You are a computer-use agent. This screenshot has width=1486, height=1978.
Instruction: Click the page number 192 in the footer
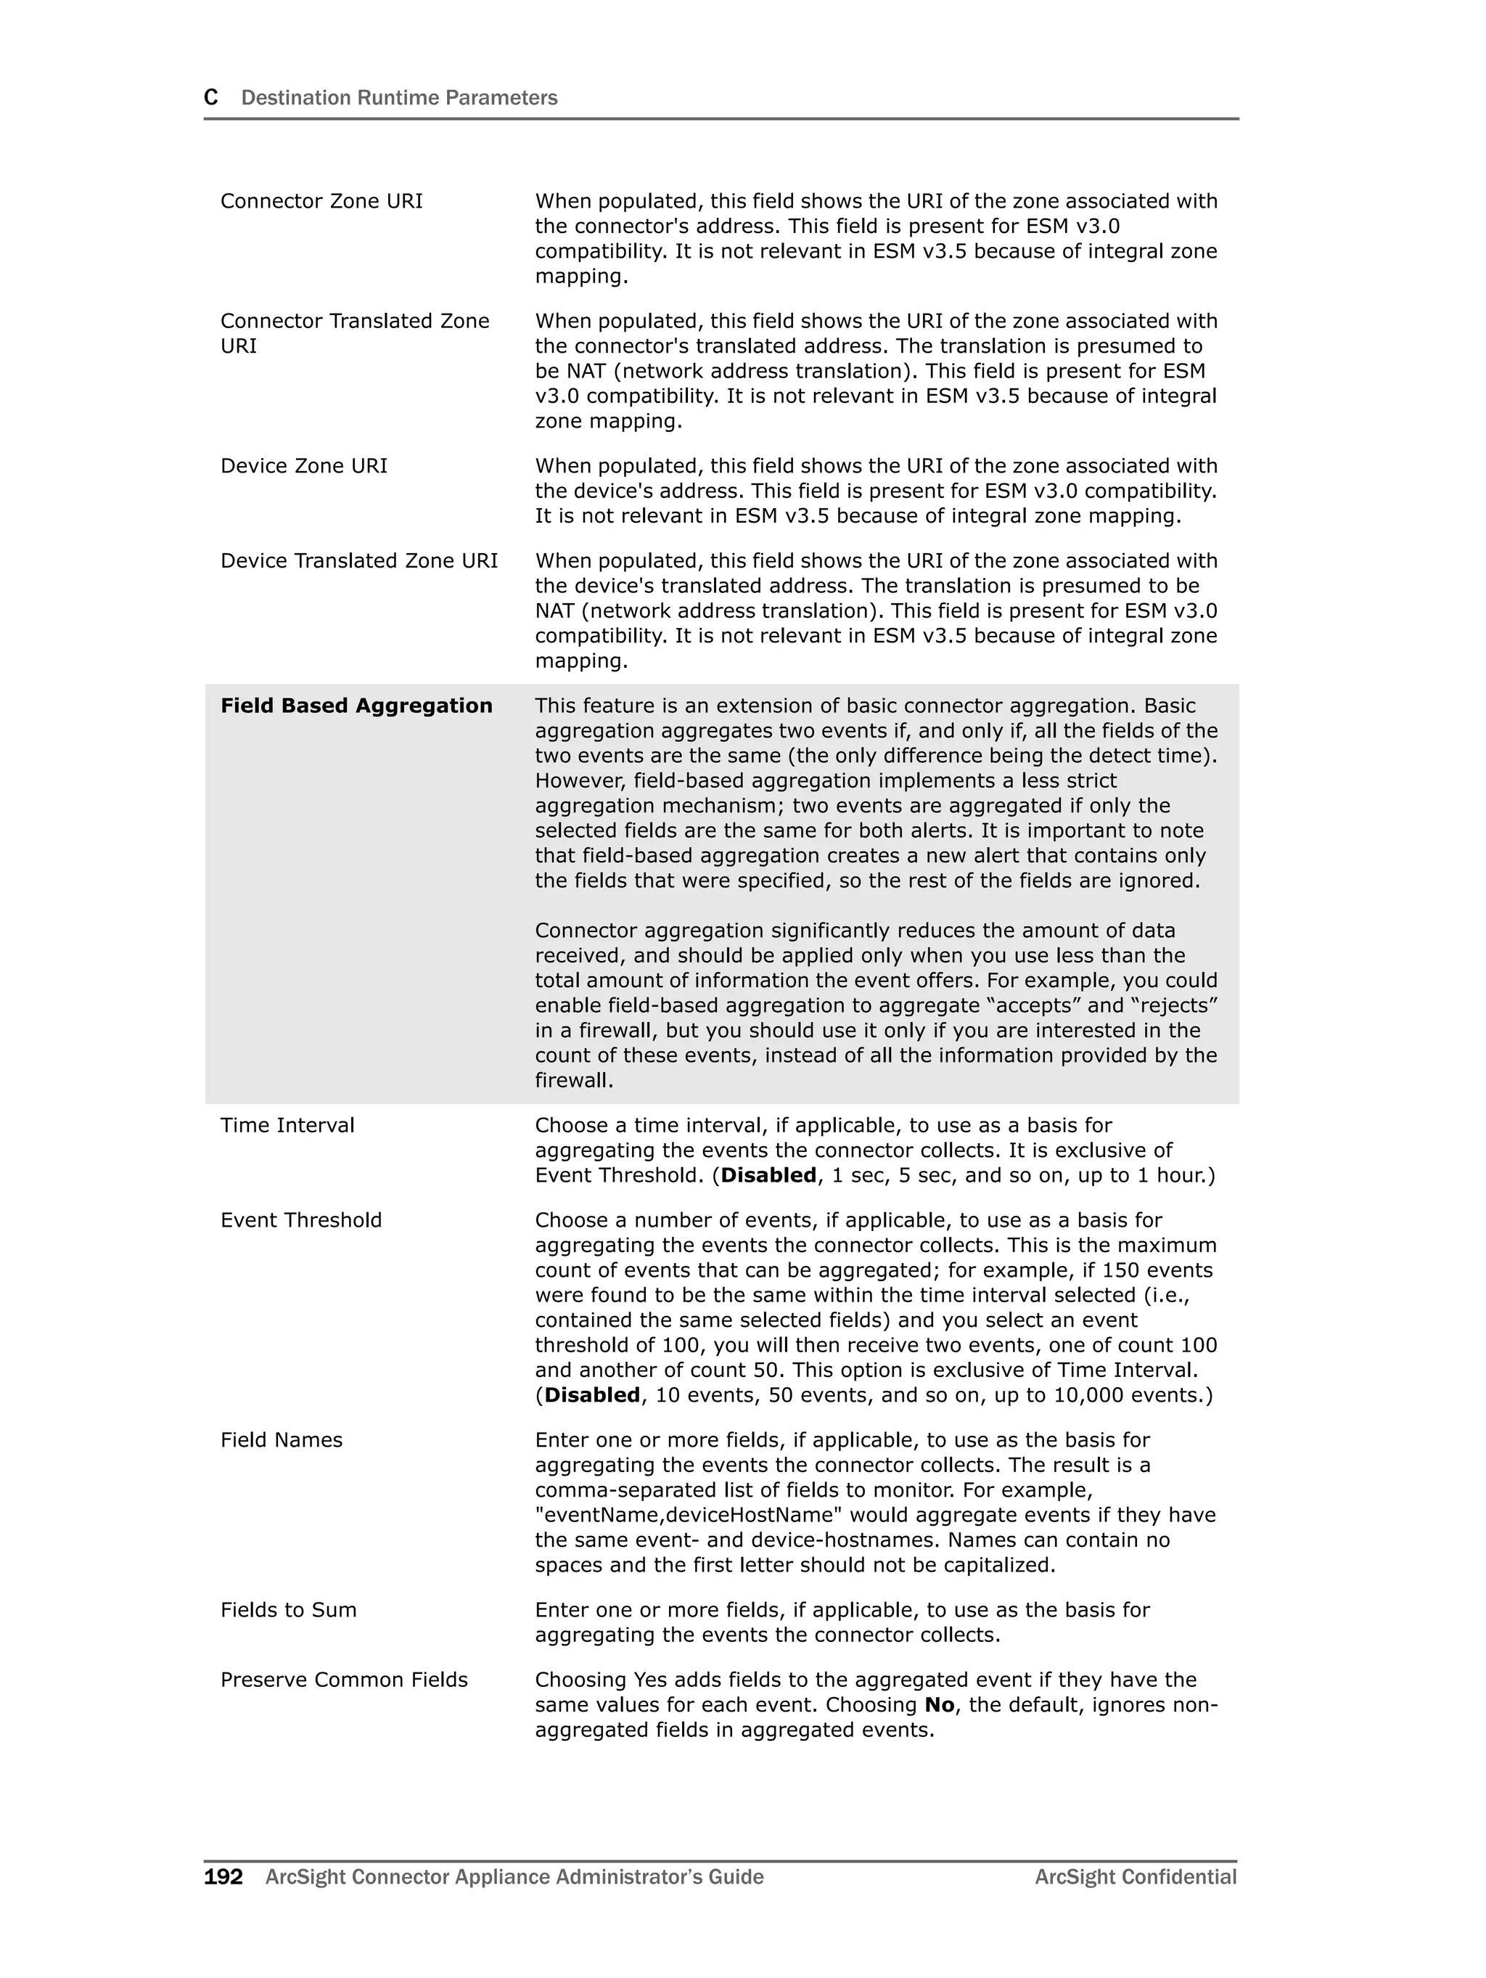pos(223,1876)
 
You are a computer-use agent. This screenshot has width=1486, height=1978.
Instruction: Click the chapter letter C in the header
pos(211,97)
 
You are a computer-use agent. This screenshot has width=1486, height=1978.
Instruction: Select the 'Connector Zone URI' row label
pos(321,201)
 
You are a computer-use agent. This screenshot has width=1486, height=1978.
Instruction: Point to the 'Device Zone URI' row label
pos(303,466)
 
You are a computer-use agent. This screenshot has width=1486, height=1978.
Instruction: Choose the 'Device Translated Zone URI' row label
pos(358,560)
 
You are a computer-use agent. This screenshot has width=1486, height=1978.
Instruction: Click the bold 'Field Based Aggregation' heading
pos(356,706)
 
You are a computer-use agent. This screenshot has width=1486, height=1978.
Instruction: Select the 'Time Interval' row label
pos(287,1125)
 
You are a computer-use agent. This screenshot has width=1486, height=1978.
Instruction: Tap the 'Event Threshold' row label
pos(300,1219)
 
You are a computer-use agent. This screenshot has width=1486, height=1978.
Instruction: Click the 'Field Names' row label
pos(281,1439)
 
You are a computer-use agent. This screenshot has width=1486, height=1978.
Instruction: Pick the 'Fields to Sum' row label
pos(288,1609)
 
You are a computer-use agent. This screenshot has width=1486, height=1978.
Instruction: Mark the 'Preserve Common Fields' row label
pos(343,1680)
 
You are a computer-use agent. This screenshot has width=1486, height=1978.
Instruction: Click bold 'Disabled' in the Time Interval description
pos(768,1175)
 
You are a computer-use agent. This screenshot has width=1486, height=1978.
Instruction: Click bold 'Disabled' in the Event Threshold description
pos(592,1395)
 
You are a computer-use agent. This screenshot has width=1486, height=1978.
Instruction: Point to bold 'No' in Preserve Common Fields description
pos(939,1704)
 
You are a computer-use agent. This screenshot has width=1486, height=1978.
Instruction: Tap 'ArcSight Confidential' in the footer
pos(1136,1876)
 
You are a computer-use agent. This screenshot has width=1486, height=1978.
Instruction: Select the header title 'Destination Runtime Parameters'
pos(399,97)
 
